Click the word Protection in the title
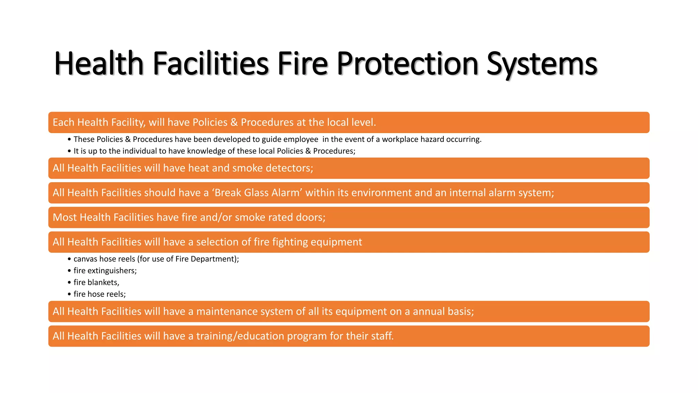pos(408,64)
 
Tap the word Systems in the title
pos(542,64)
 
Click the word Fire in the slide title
pos(303,64)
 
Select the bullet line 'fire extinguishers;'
pos(105,271)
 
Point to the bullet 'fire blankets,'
pos(96,282)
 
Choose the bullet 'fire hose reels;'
pos(100,294)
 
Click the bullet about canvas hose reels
pos(156,259)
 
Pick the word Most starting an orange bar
pos(65,217)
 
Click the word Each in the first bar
pos(63,122)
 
